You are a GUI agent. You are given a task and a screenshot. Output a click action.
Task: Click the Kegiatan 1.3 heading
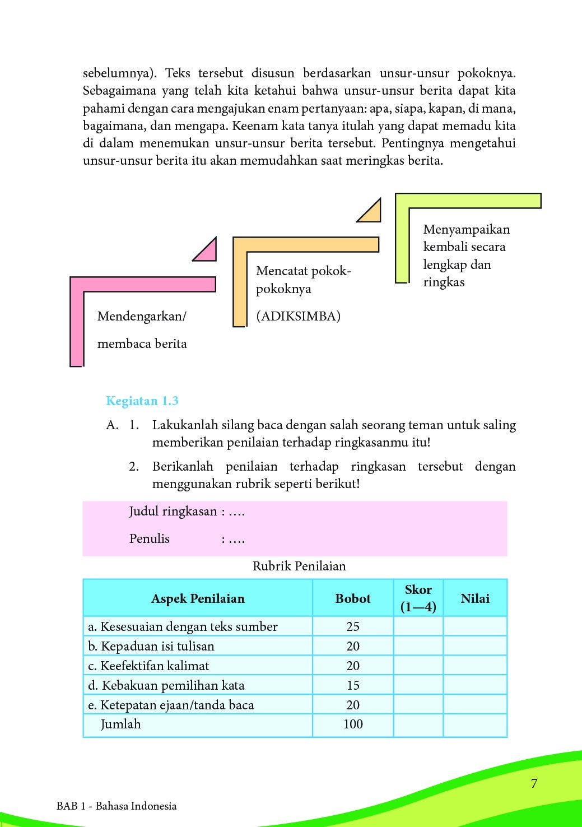click(x=142, y=401)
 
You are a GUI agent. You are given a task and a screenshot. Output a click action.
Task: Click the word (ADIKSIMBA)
click(x=298, y=316)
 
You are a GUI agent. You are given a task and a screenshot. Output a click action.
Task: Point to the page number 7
click(x=534, y=783)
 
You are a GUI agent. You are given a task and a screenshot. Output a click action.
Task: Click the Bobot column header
click(x=353, y=598)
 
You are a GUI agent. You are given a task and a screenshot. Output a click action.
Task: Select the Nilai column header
click(x=475, y=598)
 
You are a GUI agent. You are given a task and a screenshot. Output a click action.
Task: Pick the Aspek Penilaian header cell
click(x=198, y=598)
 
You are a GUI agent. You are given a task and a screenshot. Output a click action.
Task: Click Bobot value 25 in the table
click(x=353, y=626)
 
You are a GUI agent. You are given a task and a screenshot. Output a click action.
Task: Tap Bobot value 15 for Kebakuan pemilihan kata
click(x=353, y=685)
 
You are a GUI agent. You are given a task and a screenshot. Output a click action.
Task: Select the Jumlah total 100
click(x=353, y=724)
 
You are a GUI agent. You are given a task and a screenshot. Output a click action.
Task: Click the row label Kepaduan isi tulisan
click(x=151, y=646)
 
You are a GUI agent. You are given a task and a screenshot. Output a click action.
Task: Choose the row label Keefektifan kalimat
click(x=149, y=666)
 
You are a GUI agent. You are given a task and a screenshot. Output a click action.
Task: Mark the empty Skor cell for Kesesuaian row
click(x=418, y=626)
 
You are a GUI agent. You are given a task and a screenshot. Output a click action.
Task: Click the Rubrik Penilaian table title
click(x=299, y=566)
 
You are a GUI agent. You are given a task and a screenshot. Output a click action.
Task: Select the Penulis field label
click(x=149, y=538)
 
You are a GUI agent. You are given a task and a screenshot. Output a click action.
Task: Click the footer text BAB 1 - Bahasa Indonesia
click(x=117, y=806)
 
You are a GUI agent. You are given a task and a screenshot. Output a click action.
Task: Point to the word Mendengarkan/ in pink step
click(x=142, y=316)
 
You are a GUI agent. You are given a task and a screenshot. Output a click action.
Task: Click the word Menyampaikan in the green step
click(x=467, y=229)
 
